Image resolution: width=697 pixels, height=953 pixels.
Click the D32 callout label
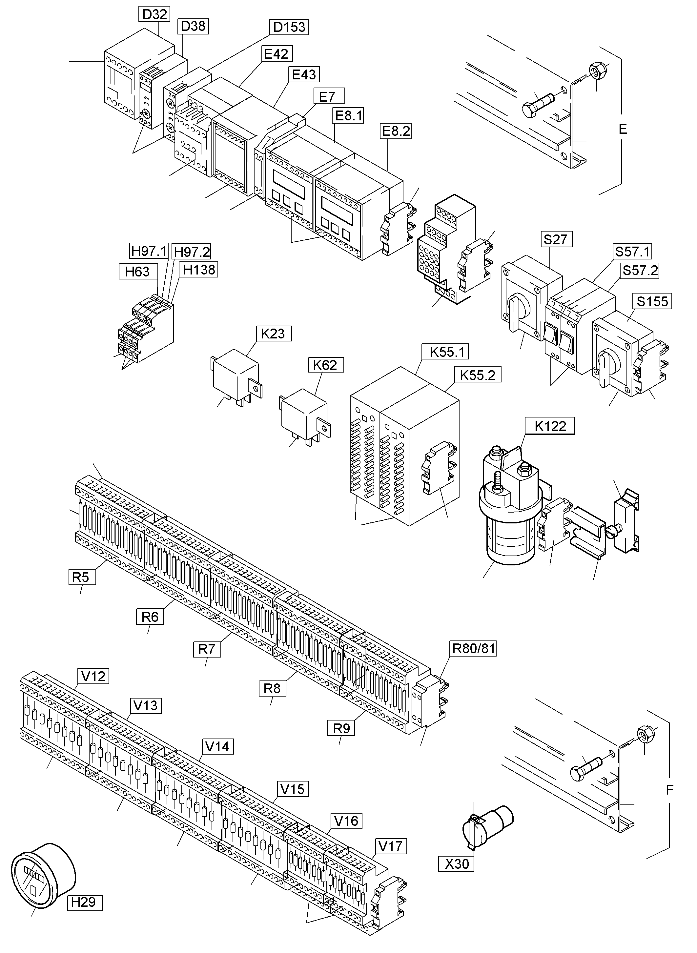(x=154, y=14)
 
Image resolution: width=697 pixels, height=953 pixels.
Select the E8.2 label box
(x=395, y=131)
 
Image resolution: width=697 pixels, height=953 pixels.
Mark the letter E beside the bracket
(x=623, y=129)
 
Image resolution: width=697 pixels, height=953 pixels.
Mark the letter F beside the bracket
(x=669, y=790)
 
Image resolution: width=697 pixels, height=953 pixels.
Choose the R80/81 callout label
(x=473, y=648)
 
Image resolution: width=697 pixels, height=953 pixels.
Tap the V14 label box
(x=217, y=746)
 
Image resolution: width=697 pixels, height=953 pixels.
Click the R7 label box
(x=207, y=649)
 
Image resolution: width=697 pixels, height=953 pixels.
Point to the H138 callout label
(x=199, y=269)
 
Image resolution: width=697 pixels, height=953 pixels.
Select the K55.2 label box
(x=477, y=375)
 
